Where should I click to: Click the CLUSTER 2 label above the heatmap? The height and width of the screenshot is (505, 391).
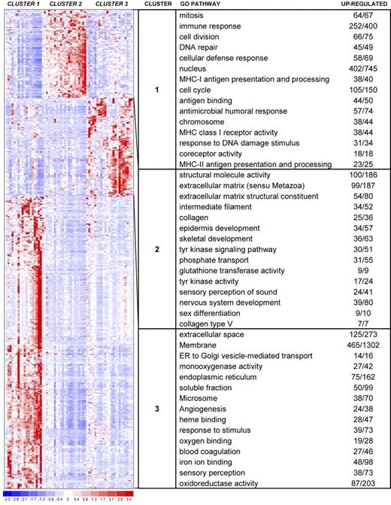click(x=65, y=5)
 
